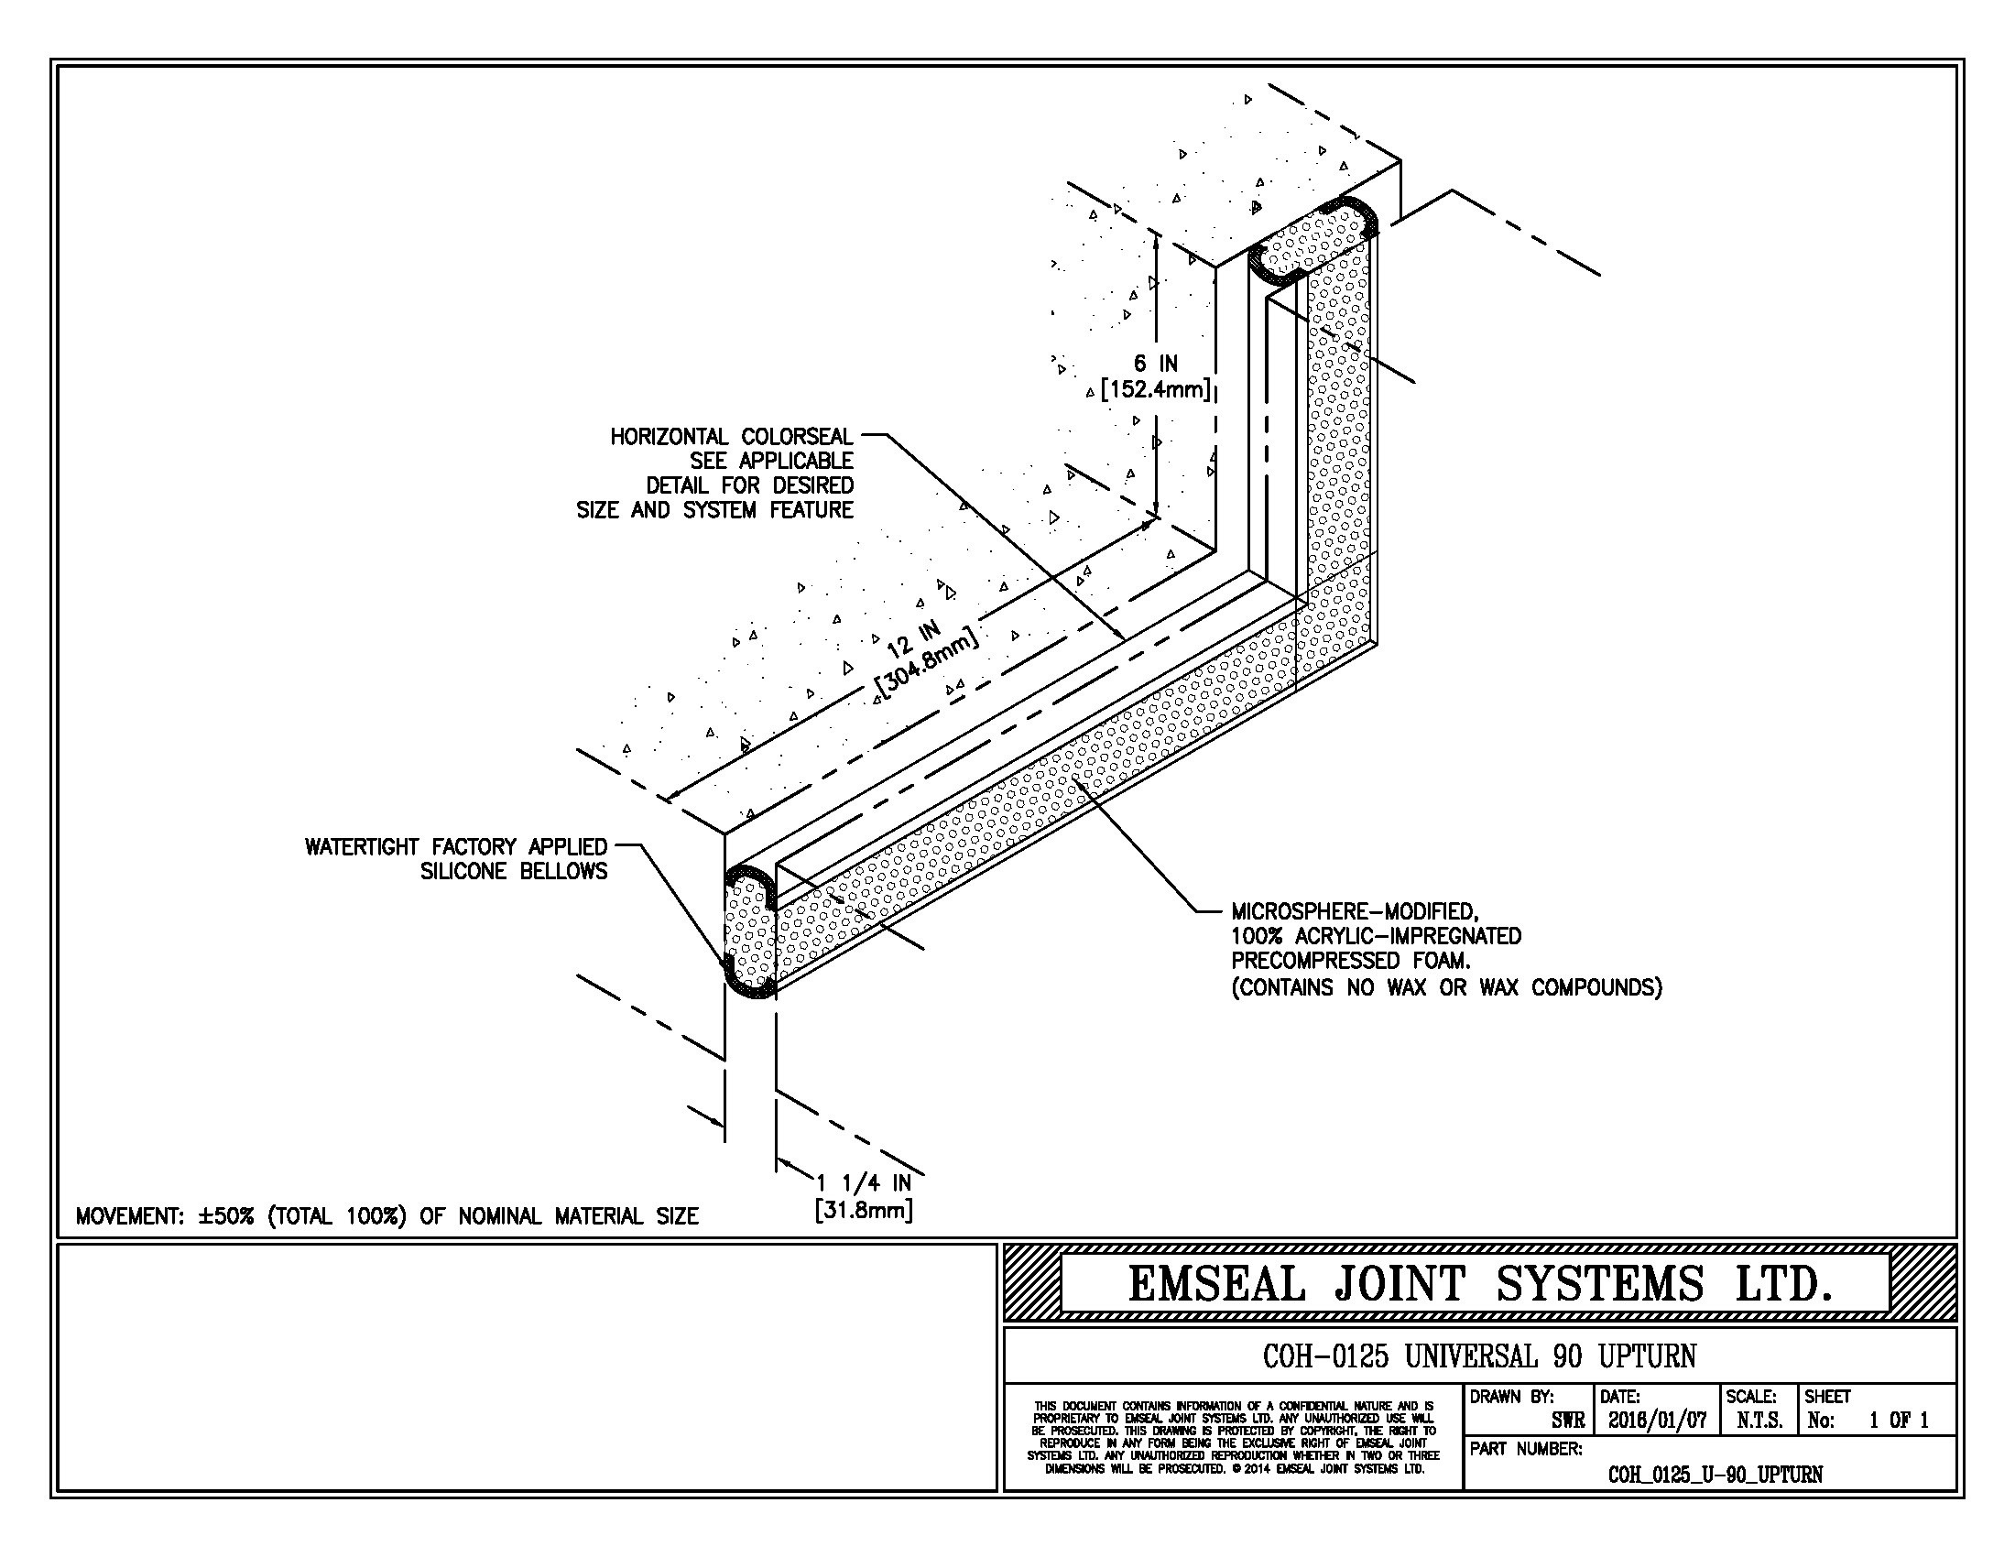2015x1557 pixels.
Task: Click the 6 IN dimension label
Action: pos(1155,364)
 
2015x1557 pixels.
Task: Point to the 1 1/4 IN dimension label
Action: pos(864,1183)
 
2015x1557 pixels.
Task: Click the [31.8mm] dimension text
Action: pos(864,1209)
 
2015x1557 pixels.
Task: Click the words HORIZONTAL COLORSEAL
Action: pos(732,436)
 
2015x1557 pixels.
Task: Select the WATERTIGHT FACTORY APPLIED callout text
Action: pos(456,847)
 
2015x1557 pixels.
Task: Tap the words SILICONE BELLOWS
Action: pos(514,872)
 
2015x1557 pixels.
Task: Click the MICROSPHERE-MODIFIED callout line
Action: pos(1355,912)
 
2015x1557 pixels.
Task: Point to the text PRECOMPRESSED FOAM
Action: pos(1350,961)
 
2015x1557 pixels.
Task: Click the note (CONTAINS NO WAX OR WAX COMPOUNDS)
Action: pos(1445,988)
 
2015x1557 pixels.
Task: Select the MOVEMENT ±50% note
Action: pos(387,1215)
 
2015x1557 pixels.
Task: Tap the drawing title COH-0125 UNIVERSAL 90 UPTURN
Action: pos(1479,1356)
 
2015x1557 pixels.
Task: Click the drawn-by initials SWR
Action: pos(1567,1421)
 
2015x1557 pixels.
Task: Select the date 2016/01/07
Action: pos(1657,1421)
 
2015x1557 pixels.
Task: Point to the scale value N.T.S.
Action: pos(1759,1421)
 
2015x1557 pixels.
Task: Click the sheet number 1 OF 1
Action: pos(1898,1421)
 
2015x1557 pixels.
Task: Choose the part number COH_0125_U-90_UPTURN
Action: pos(1715,1474)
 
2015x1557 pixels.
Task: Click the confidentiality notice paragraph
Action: pos(1234,1437)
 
